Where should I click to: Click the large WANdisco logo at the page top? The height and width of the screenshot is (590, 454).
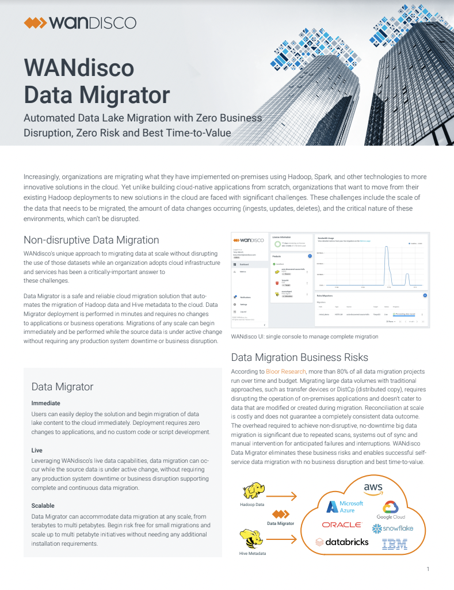click(x=80, y=23)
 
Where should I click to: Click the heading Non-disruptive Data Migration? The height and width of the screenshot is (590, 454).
click(x=91, y=239)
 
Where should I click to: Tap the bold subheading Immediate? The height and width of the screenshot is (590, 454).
click(x=45, y=403)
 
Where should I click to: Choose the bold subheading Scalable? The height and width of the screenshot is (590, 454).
click(x=43, y=505)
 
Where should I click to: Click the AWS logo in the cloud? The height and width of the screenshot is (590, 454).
click(x=373, y=488)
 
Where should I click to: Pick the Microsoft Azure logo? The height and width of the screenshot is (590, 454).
click(x=345, y=507)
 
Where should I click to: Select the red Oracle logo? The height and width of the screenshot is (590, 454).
click(x=342, y=525)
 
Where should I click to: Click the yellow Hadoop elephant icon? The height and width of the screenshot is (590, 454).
click(x=253, y=490)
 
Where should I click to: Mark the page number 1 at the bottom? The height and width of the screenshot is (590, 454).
click(x=428, y=569)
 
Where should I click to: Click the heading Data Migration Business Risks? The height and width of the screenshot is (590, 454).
click(x=307, y=356)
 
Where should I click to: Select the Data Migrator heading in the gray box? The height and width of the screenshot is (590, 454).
click(x=62, y=386)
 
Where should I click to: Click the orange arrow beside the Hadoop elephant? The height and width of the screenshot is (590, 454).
click(x=286, y=496)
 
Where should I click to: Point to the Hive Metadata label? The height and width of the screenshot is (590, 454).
click(x=253, y=554)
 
